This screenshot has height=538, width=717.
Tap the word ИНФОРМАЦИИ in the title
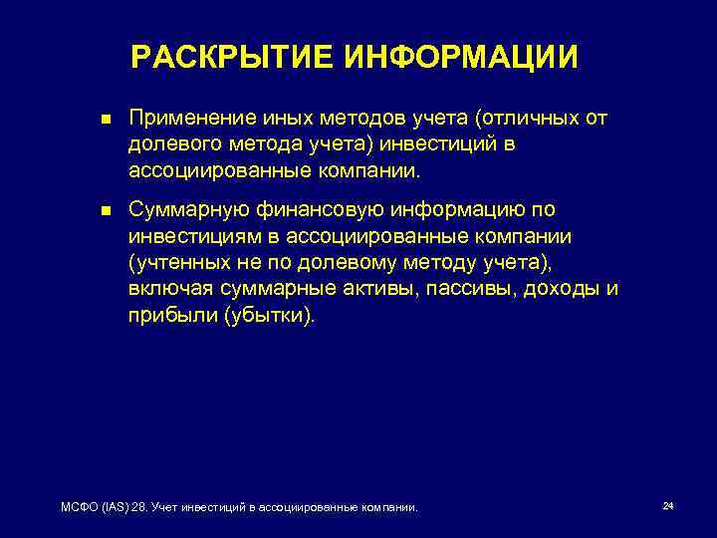point(461,58)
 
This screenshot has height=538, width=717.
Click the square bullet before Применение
point(94,121)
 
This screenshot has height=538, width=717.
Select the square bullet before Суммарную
point(94,211)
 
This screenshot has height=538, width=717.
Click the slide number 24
point(668,507)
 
